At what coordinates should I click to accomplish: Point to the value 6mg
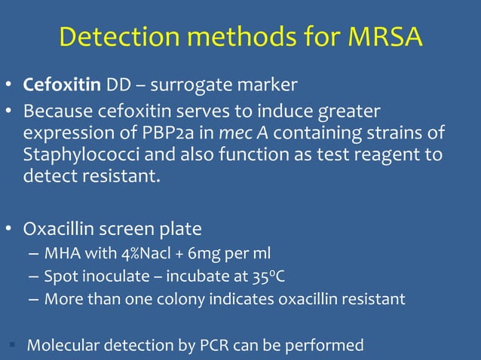pos(204,252)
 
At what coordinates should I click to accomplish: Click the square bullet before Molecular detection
pos(14,346)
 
